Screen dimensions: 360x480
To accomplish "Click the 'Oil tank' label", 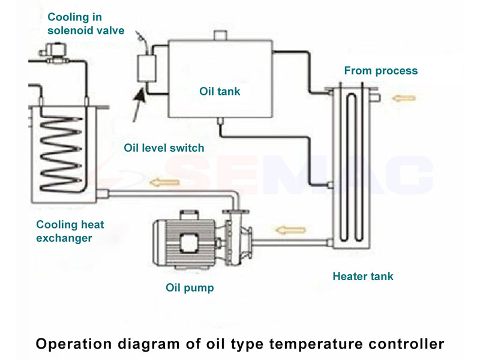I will [x=220, y=92].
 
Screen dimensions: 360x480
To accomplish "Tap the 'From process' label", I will [x=380, y=71].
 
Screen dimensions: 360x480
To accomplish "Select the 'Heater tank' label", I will [x=363, y=277].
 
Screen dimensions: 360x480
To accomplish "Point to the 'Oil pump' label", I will [x=190, y=288].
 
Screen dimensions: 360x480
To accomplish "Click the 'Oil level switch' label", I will [x=164, y=148].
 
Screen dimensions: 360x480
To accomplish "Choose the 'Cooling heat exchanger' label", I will [x=70, y=231].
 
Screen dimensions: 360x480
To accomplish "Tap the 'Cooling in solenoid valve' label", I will [x=86, y=23].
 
